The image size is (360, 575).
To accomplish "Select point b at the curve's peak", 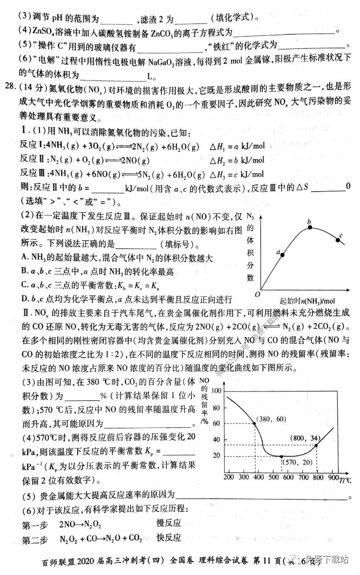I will (310, 227).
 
